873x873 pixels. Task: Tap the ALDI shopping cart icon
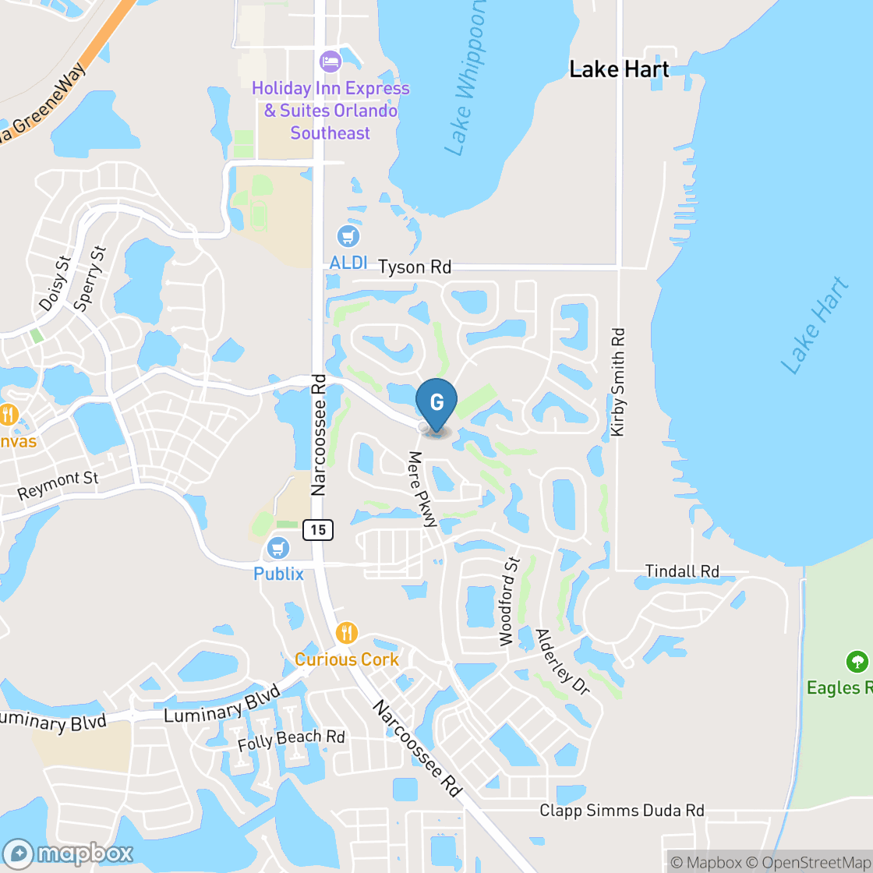(348, 235)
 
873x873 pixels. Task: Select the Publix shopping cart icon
(278, 549)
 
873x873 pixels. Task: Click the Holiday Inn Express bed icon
(330, 61)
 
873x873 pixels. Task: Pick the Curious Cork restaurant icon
(347, 632)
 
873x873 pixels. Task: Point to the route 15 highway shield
(318, 530)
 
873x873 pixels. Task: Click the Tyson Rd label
(415, 267)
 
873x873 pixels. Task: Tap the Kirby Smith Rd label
(618, 382)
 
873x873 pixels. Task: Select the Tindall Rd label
(682, 571)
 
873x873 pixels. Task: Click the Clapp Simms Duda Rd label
(622, 811)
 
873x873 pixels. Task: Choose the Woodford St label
(509, 601)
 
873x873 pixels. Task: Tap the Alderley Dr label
(563, 662)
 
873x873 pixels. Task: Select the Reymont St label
(58, 486)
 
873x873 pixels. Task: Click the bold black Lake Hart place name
(619, 69)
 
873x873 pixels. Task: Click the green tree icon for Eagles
(857, 663)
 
